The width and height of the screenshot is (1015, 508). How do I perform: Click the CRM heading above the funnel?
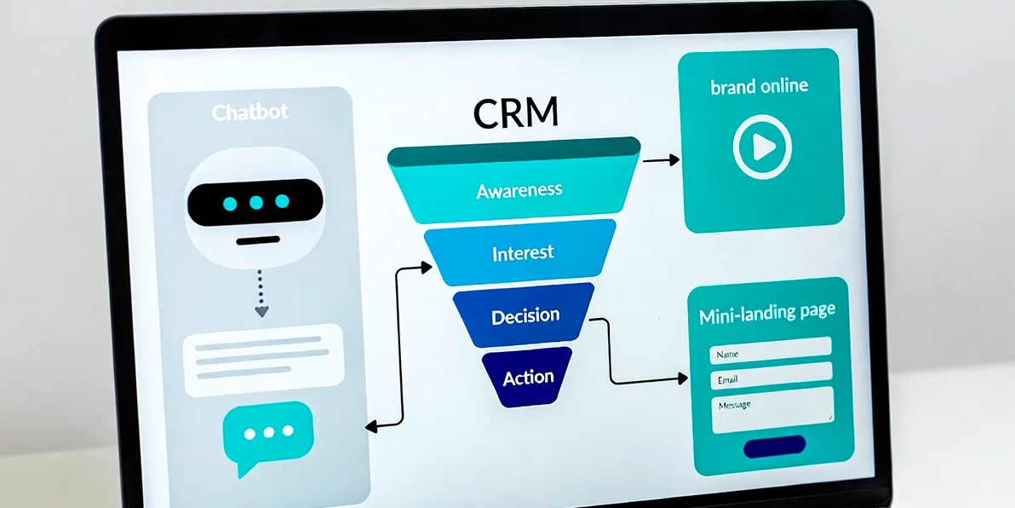coord(516,114)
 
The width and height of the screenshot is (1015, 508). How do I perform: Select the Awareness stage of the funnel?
coord(519,189)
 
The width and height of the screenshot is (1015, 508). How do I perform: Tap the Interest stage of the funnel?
coord(522,252)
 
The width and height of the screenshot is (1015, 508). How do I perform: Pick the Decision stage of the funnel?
coord(525,315)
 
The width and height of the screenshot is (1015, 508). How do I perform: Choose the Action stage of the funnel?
coord(528,376)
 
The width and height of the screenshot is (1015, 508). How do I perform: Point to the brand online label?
coord(759,86)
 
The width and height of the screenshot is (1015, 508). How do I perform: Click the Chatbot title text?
coord(250,113)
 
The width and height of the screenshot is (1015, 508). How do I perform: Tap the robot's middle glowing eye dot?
coord(255,203)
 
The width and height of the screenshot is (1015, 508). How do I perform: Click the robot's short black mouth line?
coord(256,240)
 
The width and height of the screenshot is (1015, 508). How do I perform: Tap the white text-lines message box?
coord(263,359)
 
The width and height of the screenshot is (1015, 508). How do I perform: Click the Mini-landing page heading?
coord(766,314)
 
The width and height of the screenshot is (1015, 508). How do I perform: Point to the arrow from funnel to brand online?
coord(661,159)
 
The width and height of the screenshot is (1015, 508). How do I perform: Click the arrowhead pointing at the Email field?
coord(682,377)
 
